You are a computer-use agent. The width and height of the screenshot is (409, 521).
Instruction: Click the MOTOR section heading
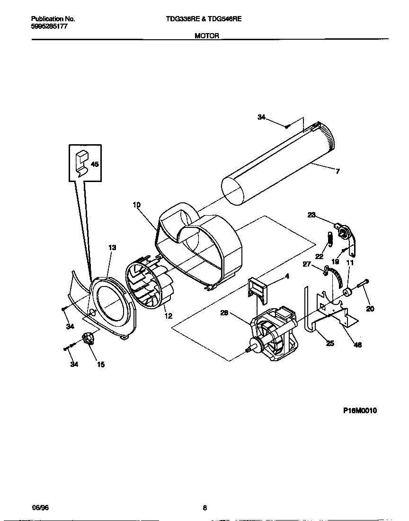click(x=207, y=36)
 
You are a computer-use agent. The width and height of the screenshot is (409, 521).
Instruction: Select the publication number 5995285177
click(x=49, y=27)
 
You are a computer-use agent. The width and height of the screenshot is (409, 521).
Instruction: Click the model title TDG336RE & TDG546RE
click(x=204, y=19)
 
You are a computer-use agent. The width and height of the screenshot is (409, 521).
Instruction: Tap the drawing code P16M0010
click(x=360, y=411)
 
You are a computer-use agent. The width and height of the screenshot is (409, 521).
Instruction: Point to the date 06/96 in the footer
click(x=40, y=508)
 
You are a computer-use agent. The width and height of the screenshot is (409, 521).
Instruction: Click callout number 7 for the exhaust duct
click(x=338, y=171)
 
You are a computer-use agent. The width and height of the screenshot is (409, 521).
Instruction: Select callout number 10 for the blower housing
click(x=136, y=205)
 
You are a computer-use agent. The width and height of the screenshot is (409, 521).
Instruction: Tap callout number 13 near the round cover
click(x=112, y=247)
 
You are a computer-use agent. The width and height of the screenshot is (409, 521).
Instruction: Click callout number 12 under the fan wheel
click(x=168, y=316)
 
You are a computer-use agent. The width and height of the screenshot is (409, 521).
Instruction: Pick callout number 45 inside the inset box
click(x=95, y=165)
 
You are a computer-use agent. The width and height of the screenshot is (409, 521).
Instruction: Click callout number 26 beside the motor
click(x=224, y=312)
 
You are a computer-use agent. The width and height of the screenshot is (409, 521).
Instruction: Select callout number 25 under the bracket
click(x=330, y=343)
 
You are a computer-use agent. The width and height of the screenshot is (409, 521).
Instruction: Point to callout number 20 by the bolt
click(x=370, y=309)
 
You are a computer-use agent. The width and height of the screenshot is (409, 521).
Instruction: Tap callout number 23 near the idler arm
click(x=311, y=215)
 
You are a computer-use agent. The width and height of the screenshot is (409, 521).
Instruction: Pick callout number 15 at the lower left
click(x=101, y=364)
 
